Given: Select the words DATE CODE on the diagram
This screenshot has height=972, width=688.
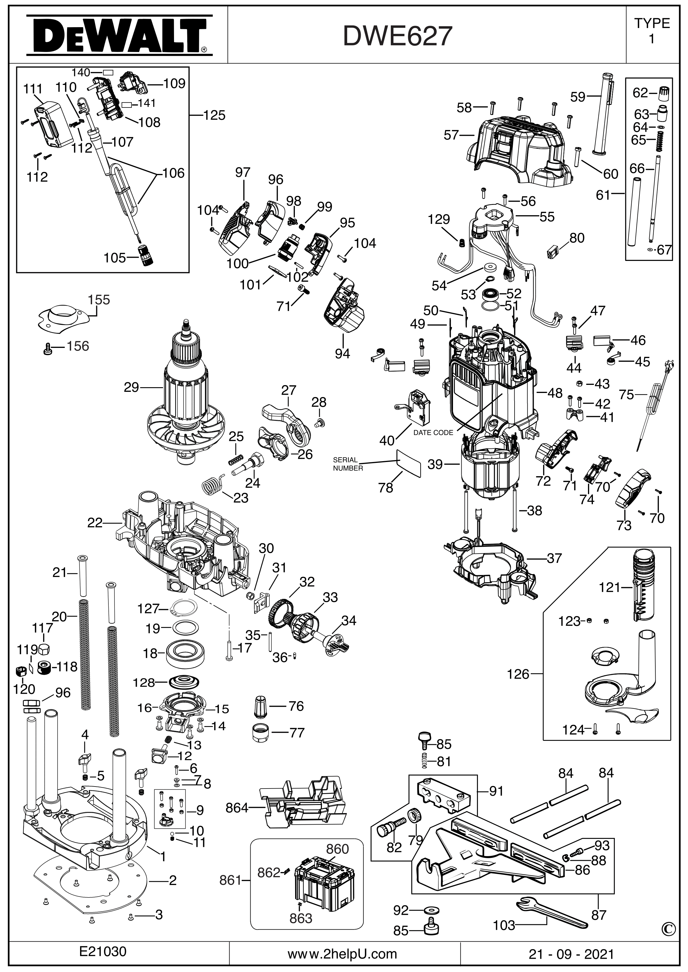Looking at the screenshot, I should tap(433, 433).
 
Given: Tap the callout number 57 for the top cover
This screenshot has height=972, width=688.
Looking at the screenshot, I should tap(451, 135).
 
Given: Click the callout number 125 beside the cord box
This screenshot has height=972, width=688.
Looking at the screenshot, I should tap(214, 115).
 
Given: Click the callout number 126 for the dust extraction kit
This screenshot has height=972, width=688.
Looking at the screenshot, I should tap(519, 674).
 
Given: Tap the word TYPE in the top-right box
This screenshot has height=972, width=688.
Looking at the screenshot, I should tap(652, 23).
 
